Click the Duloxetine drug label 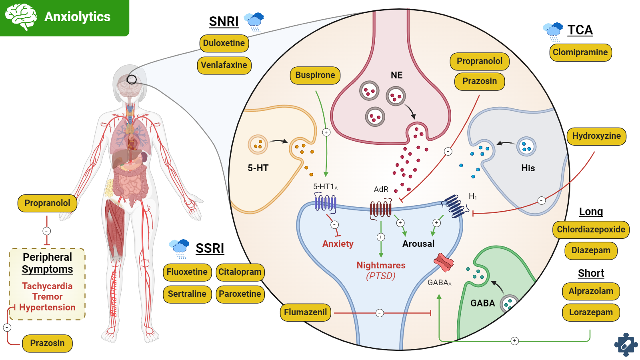click(224, 43)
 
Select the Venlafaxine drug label click(224, 65)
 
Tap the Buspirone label click(315, 75)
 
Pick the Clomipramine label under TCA click(580, 52)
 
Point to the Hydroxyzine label click(596, 136)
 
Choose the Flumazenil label click(305, 312)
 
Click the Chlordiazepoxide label click(591, 230)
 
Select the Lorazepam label click(591, 312)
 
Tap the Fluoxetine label click(187, 272)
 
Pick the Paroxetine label click(240, 294)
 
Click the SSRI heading click(210, 248)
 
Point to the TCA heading click(580, 30)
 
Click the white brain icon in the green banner click(21, 17)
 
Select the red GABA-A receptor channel click(444, 262)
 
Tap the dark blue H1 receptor click(455, 206)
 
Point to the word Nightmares click(381, 265)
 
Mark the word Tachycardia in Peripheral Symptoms click(47, 286)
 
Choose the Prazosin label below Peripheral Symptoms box click(47, 343)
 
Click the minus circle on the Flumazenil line click(380, 313)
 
